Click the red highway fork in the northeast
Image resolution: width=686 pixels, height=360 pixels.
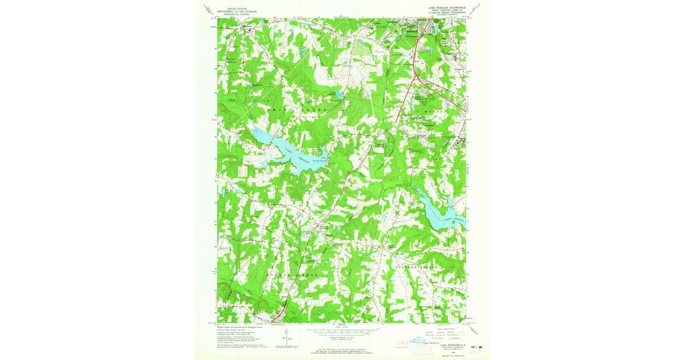coord(416,75)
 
